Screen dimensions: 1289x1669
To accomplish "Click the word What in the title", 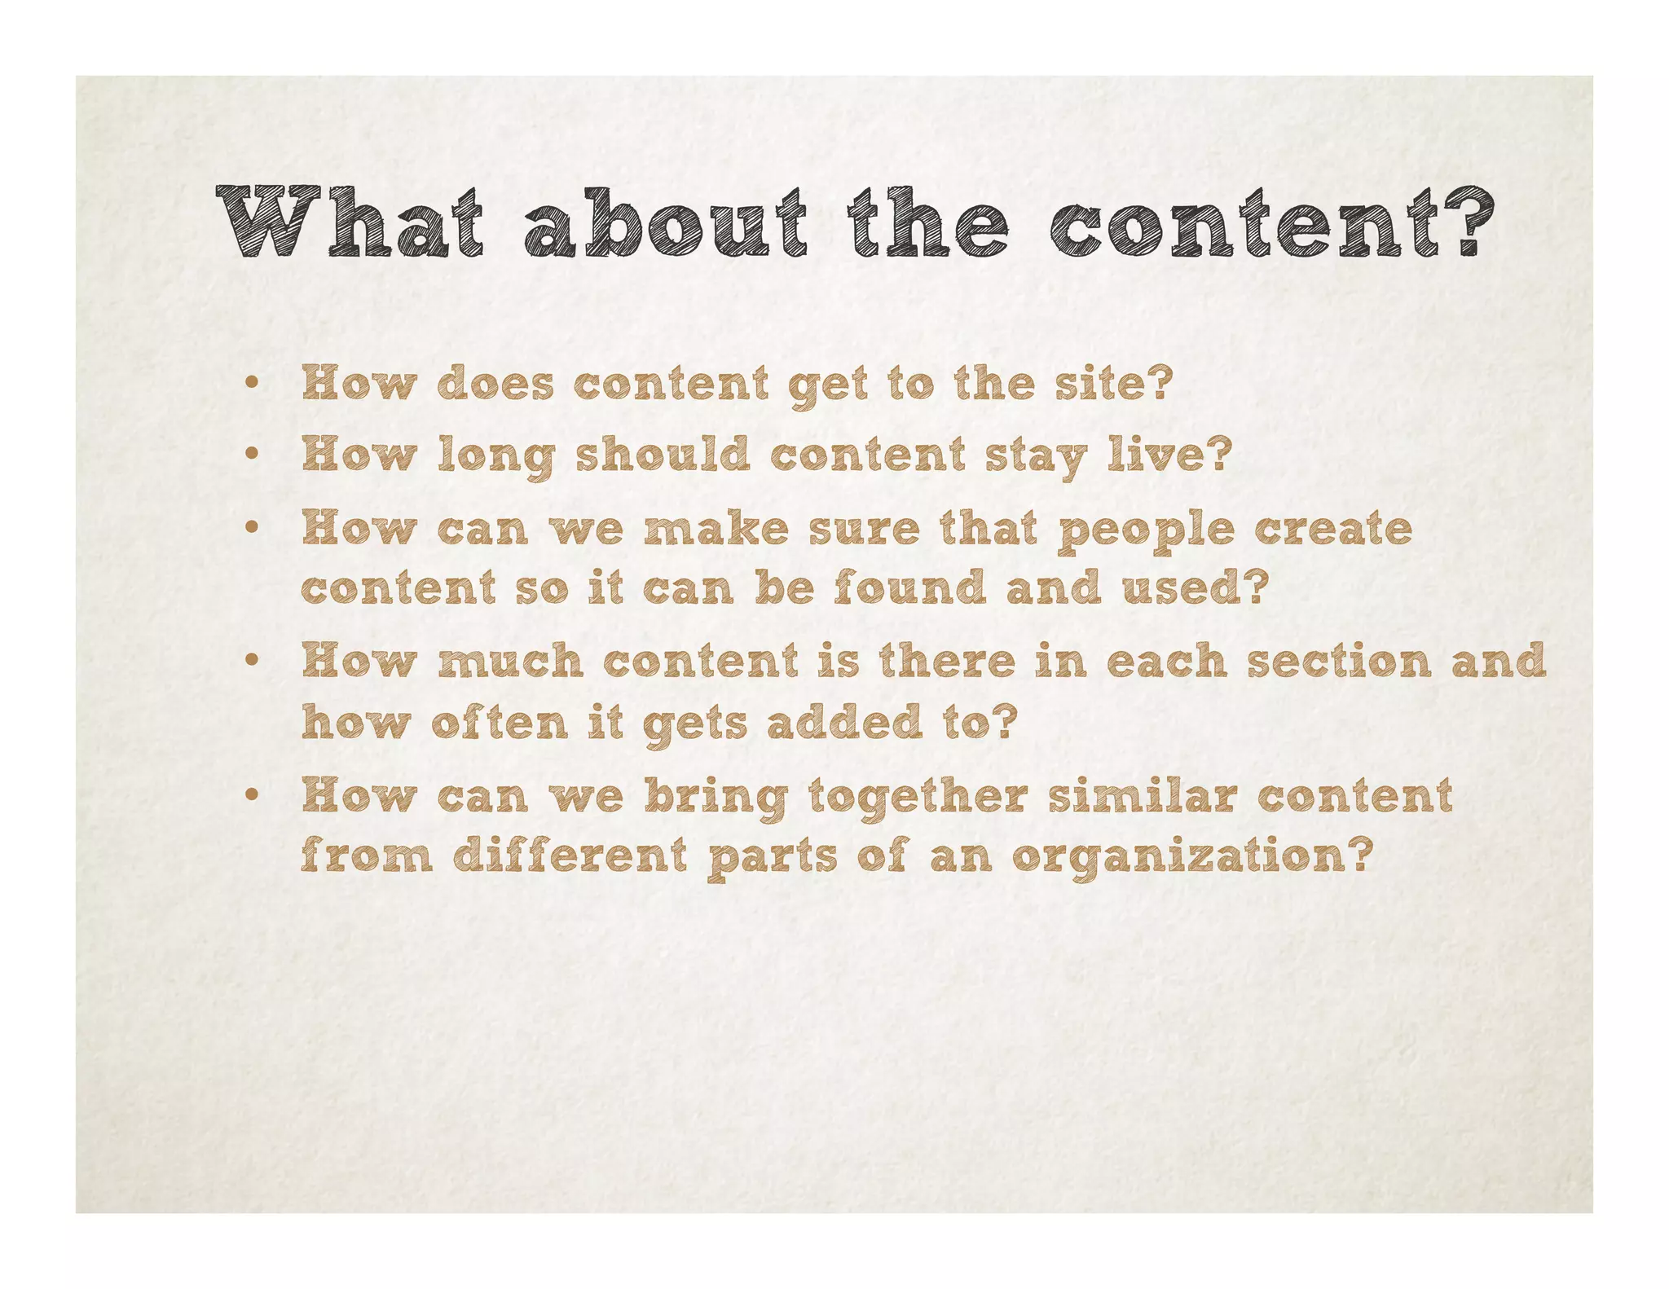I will pyautogui.click(x=350, y=222).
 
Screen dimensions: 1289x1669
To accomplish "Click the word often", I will pyautogui.click(x=499, y=722).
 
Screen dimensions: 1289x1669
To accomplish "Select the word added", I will pyautogui.click(x=843, y=722).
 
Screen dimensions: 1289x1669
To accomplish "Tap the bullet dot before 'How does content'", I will pyautogui.click(x=253, y=383).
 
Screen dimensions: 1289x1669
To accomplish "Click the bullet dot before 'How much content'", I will pyautogui.click(x=253, y=661).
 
